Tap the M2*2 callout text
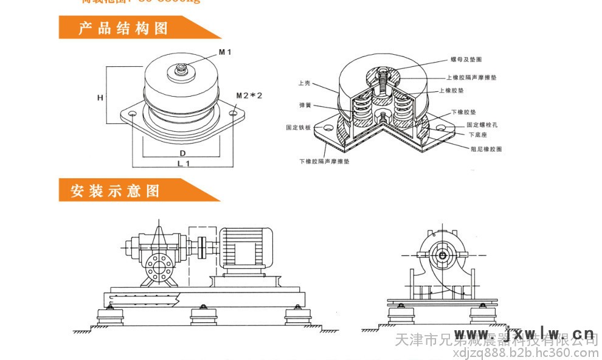pyautogui.click(x=249, y=95)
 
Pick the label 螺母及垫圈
pyautogui.click(x=466, y=60)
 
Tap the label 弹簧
pyautogui.click(x=305, y=105)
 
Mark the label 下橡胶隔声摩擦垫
pyautogui.click(x=325, y=162)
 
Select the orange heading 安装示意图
pyautogui.click(x=115, y=191)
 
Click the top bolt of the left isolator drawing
pyautogui.click(x=181, y=70)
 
